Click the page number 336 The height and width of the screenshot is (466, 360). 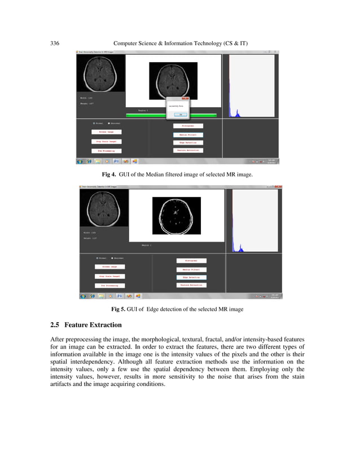click(55, 43)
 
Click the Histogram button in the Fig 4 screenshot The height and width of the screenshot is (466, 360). click(187, 125)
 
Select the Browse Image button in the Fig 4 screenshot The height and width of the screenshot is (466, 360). click(107, 131)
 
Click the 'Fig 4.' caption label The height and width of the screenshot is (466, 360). click(109, 175)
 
